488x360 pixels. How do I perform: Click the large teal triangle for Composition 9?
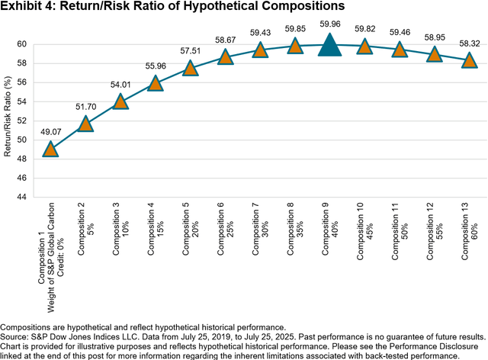coord(329,46)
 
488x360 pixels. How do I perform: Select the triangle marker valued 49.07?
coord(50,149)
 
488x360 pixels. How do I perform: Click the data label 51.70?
coord(85,108)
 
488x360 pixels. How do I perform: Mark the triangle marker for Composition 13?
coord(469,61)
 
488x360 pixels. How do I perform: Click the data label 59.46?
coord(400,34)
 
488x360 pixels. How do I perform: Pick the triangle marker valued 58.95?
coord(434,55)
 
